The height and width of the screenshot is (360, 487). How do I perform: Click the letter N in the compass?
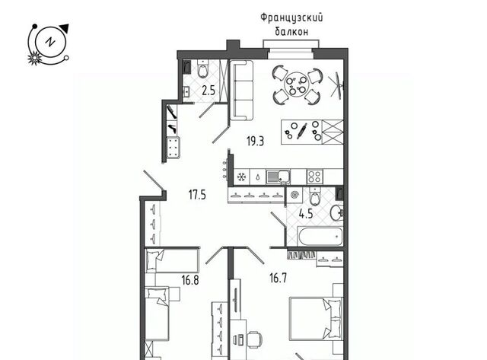(49, 42)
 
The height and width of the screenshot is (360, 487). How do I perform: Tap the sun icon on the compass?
(33, 58)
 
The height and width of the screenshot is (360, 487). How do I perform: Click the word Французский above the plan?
(291, 18)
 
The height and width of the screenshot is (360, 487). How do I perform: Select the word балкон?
(291, 32)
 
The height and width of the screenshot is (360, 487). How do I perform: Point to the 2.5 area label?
(208, 91)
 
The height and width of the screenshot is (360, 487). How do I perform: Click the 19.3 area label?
(256, 142)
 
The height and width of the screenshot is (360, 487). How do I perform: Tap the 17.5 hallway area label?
(197, 195)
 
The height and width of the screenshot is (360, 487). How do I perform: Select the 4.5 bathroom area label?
(306, 214)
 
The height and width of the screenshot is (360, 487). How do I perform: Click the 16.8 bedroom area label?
(190, 281)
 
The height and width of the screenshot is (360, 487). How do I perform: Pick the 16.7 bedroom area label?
(278, 279)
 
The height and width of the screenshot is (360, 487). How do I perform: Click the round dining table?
(296, 84)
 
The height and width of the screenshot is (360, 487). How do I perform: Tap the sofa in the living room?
(241, 90)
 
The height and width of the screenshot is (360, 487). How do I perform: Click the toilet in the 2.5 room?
(203, 68)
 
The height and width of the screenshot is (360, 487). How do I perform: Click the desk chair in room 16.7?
(255, 341)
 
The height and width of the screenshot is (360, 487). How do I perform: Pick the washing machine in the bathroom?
(294, 196)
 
